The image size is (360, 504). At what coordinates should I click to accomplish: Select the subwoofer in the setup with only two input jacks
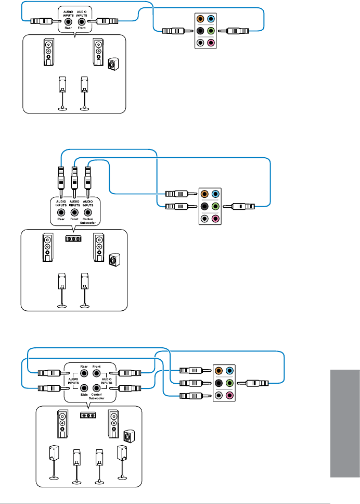tap(112, 65)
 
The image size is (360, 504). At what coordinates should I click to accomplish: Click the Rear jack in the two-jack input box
tap(68, 21)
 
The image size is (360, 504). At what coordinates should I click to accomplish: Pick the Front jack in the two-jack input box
tap(82, 21)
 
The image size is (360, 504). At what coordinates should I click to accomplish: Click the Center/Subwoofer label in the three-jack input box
tap(88, 222)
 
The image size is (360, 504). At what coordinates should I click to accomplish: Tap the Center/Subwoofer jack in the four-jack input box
tap(96, 387)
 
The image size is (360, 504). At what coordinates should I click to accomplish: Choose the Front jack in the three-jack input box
tap(74, 212)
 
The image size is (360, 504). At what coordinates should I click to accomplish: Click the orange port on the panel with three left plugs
tap(219, 371)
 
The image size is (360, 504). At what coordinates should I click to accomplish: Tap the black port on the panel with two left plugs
tap(204, 206)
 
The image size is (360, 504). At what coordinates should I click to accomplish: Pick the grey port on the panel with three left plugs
tap(219, 395)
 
